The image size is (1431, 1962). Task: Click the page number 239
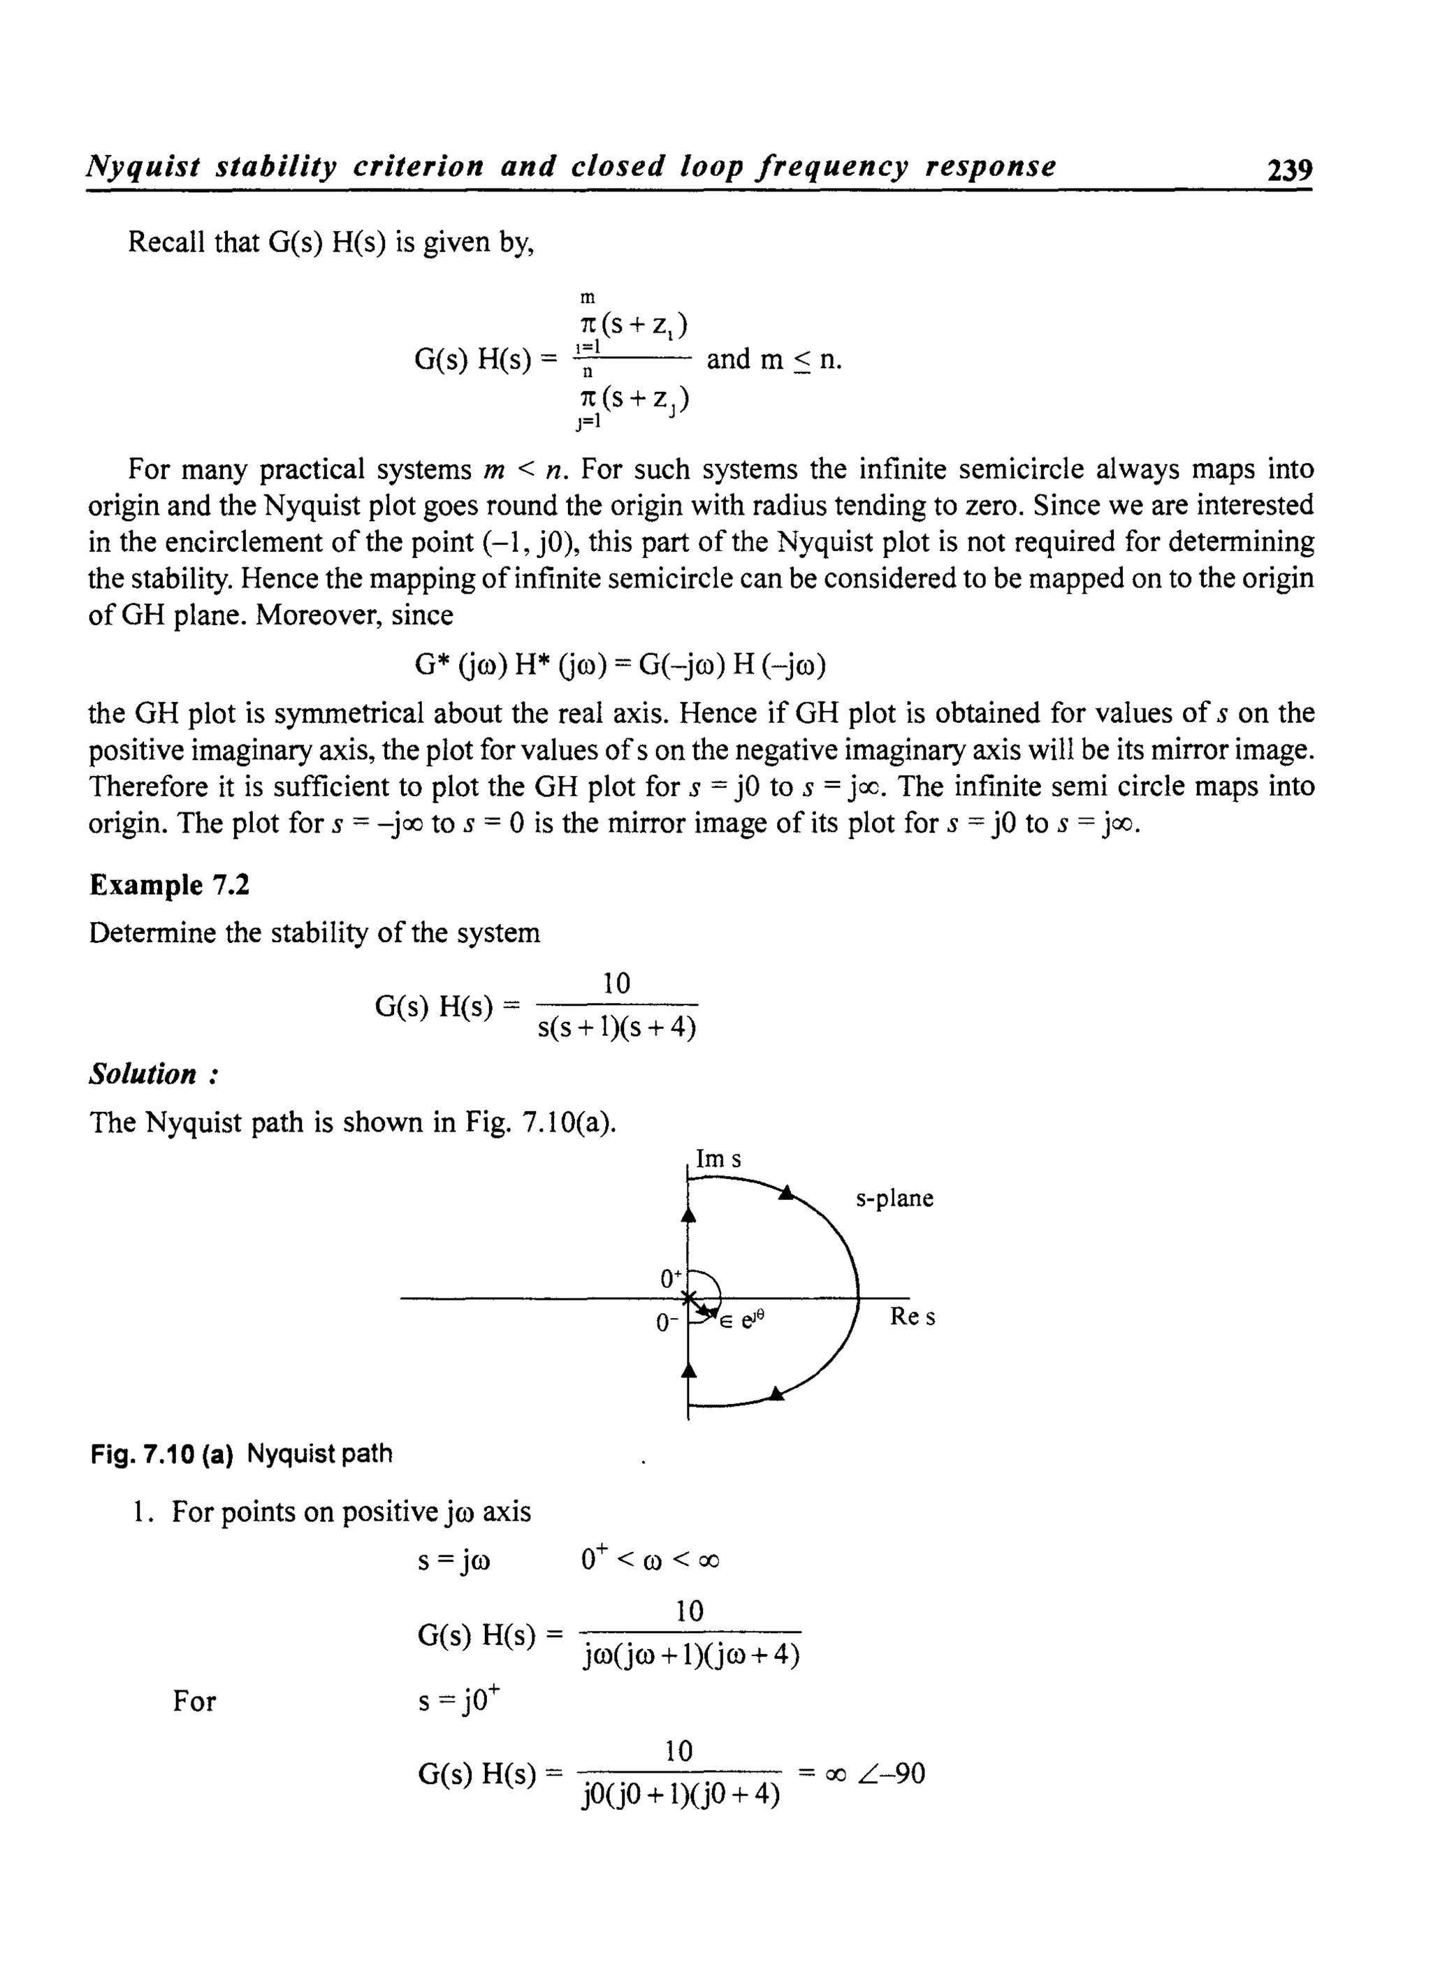1289,170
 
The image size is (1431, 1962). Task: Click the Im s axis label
718,1159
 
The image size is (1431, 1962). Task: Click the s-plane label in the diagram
894,1199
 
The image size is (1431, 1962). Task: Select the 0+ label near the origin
671,1278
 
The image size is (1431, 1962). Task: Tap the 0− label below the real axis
666,1322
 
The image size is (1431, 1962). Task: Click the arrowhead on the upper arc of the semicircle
785,1194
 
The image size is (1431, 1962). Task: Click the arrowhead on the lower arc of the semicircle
777,1393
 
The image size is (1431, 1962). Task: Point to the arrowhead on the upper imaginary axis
689,1215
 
